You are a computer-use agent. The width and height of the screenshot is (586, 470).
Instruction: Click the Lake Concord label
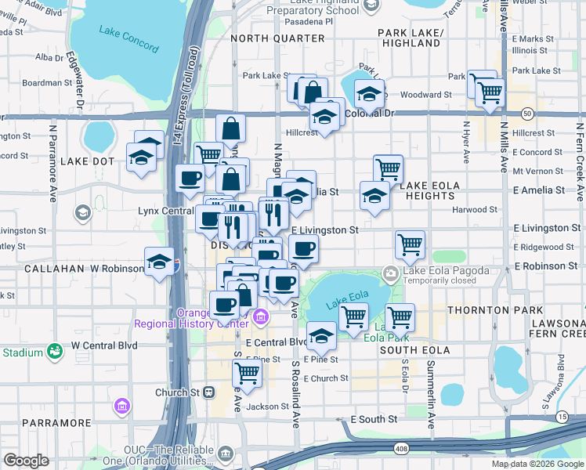click(x=128, y=39)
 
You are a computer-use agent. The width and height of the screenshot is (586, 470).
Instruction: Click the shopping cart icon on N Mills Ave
click(x=490, y=92)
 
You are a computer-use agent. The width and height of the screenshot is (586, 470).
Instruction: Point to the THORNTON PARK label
click(x=483, y=311)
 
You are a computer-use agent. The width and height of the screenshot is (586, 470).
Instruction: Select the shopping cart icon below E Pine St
click(x=248, y=374)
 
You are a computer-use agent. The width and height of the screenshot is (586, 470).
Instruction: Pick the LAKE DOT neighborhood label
click(x=87, y=161)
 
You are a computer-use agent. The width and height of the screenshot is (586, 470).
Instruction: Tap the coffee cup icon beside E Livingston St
click(x=304, y=250)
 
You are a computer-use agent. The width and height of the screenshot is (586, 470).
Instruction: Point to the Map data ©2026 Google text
click(x=537, y=464)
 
